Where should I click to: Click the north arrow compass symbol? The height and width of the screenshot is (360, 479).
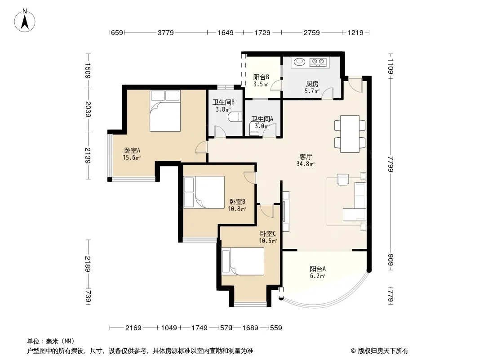25,21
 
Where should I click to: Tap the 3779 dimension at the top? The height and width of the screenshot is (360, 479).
165,32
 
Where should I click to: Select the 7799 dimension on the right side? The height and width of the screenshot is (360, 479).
390,164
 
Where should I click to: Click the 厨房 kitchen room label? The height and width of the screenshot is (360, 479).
312,84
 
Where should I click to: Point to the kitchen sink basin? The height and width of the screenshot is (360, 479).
300,62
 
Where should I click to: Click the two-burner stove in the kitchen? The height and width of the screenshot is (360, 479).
318,62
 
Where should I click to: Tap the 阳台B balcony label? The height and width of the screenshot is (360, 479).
261,77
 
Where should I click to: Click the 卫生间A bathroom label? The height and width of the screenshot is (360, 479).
262,119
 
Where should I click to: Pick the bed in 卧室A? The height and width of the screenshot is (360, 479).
165,111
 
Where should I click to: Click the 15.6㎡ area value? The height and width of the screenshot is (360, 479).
132,157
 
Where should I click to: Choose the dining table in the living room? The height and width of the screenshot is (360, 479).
350,134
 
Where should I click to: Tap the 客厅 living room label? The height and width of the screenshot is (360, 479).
306,157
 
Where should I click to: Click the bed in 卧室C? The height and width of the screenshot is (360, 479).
243,261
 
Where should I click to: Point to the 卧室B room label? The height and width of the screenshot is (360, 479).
237,202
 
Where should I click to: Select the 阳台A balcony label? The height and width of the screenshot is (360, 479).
318,269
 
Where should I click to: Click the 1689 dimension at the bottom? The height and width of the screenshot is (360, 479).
250,328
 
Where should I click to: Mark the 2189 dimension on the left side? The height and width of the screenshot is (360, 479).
88,264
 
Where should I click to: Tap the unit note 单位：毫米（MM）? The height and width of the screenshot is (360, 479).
51,341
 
